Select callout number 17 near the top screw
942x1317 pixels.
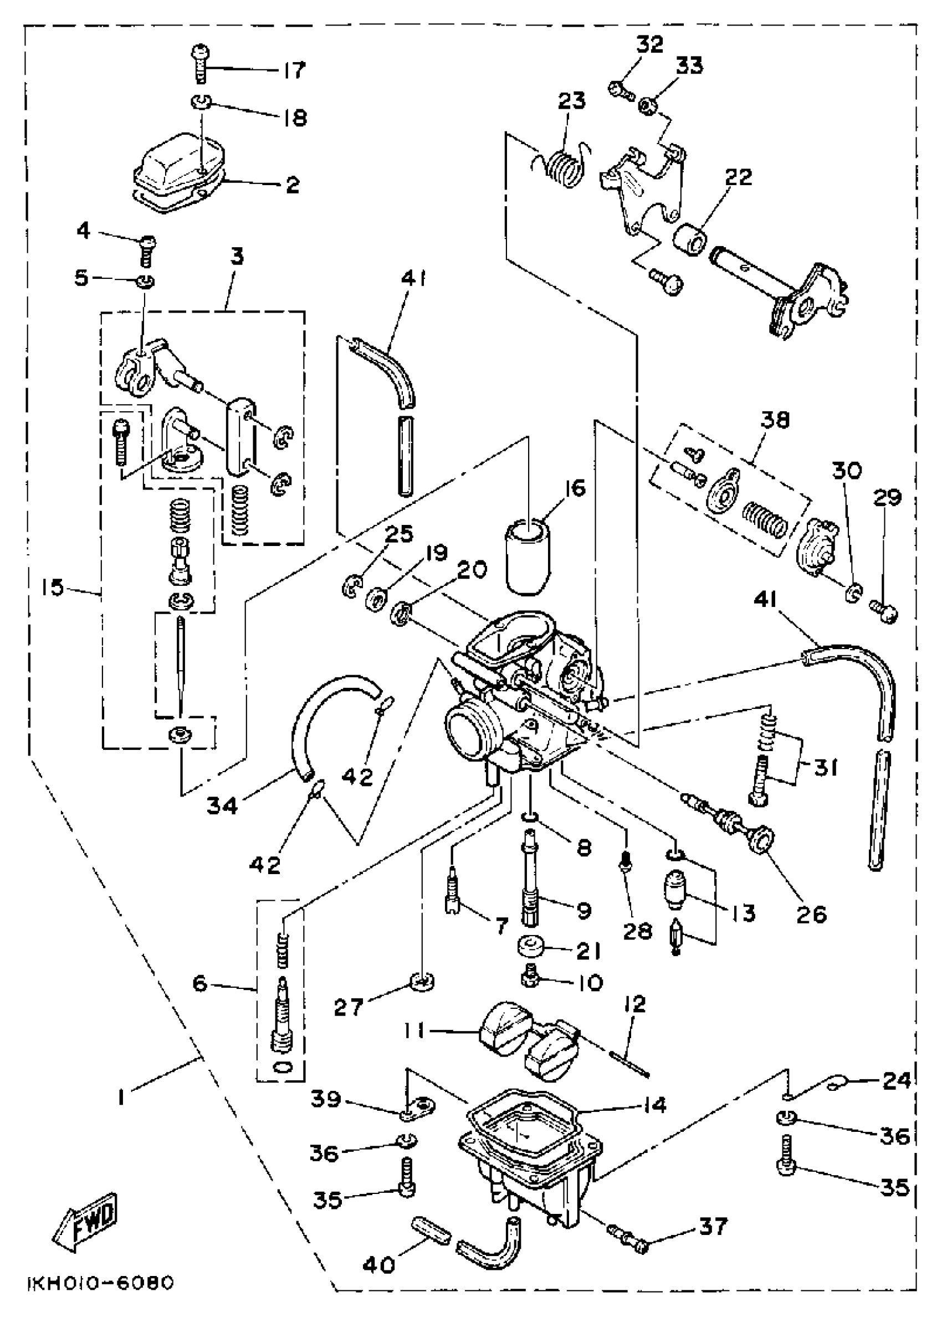294,71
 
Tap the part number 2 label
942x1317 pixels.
293,185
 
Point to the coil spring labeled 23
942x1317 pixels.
566,169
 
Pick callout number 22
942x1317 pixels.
739,177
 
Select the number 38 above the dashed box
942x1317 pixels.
775,421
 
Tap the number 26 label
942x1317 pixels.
811,915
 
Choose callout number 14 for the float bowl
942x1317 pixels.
655,1105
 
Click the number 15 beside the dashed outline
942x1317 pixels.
53,588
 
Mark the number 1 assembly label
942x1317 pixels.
121,1097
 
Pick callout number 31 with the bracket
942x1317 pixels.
826,768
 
